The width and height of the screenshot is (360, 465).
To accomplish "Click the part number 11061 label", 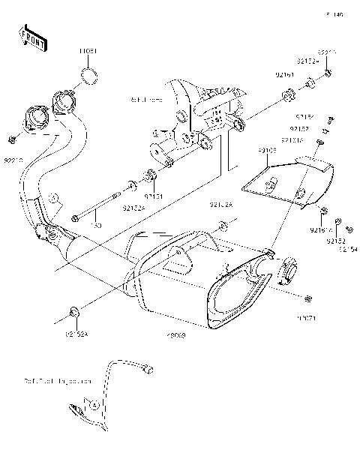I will point(88,52).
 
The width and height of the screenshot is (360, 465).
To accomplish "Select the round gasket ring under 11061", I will point(88,74).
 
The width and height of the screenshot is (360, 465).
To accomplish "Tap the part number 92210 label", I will point(14,160).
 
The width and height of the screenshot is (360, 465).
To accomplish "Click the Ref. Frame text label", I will point(146,99).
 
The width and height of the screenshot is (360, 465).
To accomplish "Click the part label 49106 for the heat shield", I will point(268,150).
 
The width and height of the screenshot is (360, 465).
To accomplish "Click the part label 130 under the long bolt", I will point(96,224).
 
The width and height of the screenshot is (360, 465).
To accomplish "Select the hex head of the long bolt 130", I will point(76,218).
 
